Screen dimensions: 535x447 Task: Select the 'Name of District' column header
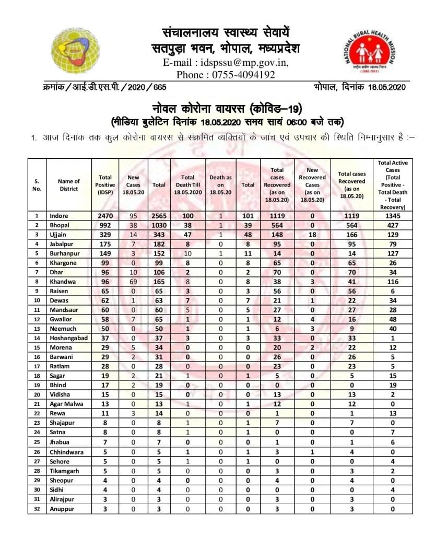click(x=69, y=185)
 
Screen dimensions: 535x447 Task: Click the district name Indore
click(x=59, y=216)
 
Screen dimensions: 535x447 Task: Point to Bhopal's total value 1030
click(x=159, y=225)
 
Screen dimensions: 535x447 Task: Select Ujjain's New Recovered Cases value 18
click(x=312, y=234)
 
